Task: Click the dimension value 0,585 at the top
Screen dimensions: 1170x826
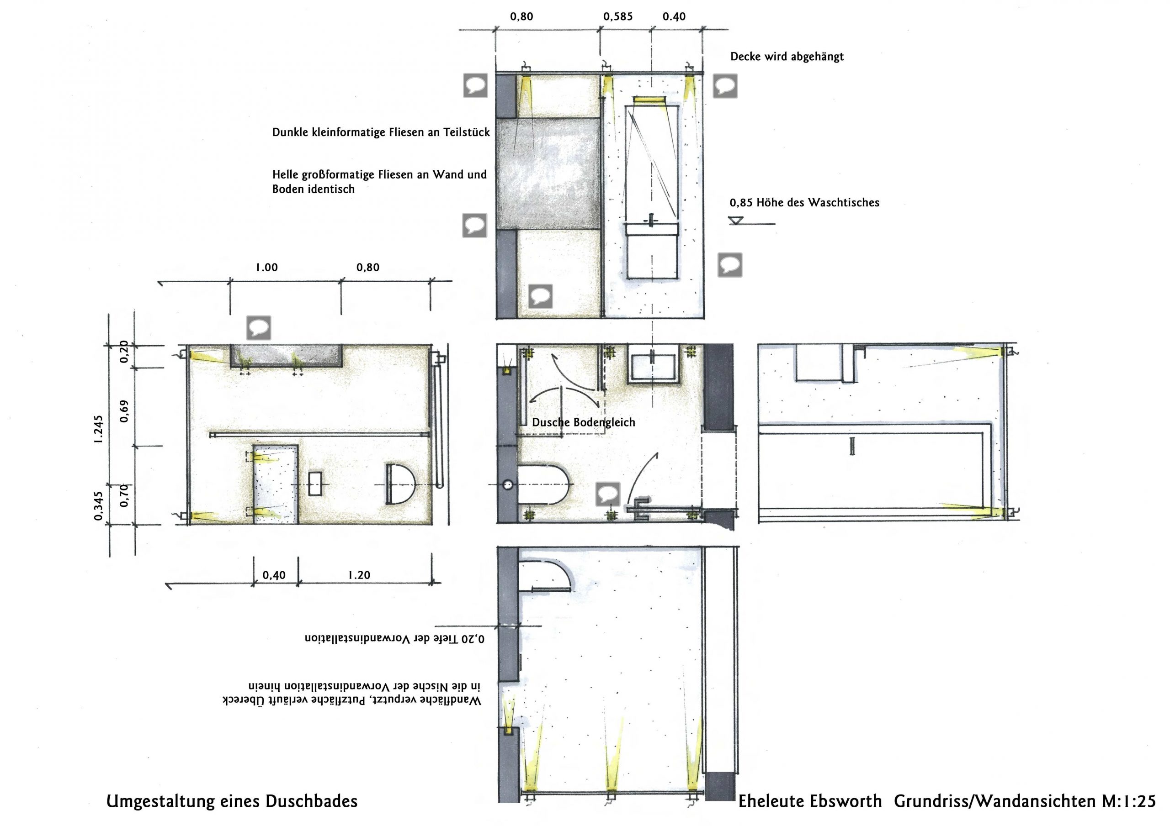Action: point(617,17)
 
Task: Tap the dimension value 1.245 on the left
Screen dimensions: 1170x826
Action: point(98,429)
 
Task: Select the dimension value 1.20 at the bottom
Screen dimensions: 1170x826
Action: point(359,575)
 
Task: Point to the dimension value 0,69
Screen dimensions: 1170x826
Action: point(124,411)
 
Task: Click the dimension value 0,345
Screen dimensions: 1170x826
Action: point(98,505)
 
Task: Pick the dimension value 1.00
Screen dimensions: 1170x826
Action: point(266,268)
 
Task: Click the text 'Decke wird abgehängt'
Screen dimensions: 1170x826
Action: point(787,57)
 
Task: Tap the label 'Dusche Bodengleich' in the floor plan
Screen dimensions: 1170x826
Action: point(584,422)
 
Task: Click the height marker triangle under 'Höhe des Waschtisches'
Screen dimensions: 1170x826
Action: point(736,221)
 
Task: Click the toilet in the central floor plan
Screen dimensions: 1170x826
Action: point(543,484)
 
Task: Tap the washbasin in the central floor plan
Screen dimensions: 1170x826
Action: point(653,363)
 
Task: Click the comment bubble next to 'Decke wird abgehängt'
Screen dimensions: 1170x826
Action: point(725,85)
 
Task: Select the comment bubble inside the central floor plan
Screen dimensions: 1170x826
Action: point(608,494)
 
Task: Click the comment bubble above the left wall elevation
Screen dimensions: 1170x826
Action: point(258,327)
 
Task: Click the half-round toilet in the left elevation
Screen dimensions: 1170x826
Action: point(400,484)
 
